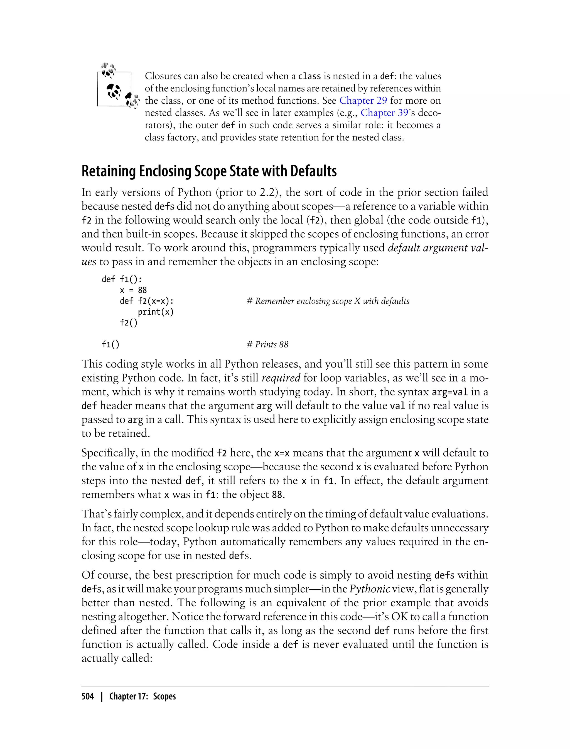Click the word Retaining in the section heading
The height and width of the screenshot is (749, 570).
pyautogui.click(x=109, y=171)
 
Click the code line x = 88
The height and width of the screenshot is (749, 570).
pyautogui.click(x=133, y=290)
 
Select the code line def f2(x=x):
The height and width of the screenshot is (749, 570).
pyautogui.click(x=147, y=301)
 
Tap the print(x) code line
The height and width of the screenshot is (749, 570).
pyautogui.click(x=156, y=312)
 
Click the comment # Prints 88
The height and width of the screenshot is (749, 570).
pyautogui.click(x=267, y=344)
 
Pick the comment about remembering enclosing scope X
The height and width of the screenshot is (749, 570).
pyautogui.click(x=328, y=301)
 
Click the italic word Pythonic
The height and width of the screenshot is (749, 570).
pyautogui.click(x=370, y=589)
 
